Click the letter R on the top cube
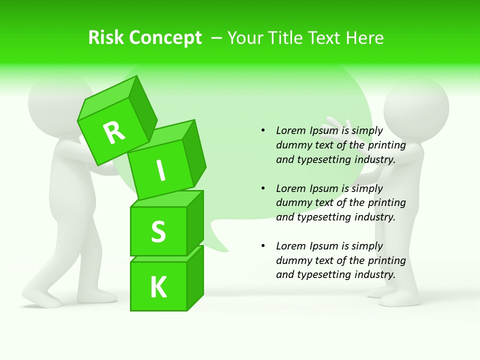tap(114, 132)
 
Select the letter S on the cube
tap(158, 231)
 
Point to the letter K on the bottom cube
tap(158, 287)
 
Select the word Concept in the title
tap(165, 38)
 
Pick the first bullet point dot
tap(263, 131)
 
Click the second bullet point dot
tap(263, 188)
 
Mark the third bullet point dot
tap(263, 246)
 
